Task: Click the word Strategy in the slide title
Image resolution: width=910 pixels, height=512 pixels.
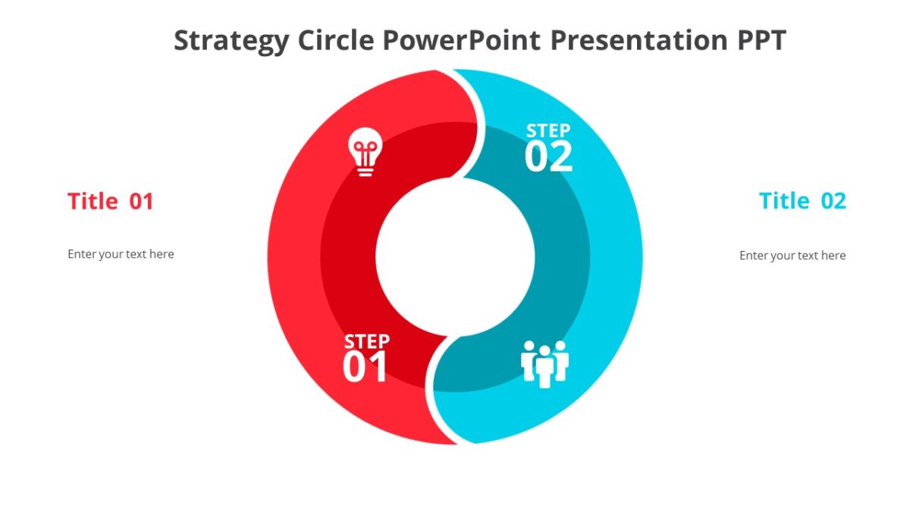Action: [x=231, y=40]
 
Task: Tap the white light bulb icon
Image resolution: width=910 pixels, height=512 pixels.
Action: [x=365, y=151]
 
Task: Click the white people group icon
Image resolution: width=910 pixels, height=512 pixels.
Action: [x=544, y=363]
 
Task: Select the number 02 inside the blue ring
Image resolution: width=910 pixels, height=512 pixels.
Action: [x=548, y=157]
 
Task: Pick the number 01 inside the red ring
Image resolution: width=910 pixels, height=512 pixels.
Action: [x=366, y=367]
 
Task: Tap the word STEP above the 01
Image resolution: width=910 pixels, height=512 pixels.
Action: [x=367, y=341]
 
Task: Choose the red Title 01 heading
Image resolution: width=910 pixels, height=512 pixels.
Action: [x=111, y=202]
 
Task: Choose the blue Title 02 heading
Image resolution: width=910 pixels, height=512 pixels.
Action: [x=802, y=201]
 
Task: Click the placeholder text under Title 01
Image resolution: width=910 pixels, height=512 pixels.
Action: [x=121, y=254]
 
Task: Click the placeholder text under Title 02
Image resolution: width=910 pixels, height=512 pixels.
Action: [x=792, y=256]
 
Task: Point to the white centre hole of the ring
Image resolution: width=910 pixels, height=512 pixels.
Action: [x=455, y=256]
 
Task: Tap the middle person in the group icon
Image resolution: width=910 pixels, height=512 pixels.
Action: [x=544, y=366]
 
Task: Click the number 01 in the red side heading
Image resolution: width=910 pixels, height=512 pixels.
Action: [x=141, y=202]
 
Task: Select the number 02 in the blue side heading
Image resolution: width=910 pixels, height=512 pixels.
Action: [x=833, y=201]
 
